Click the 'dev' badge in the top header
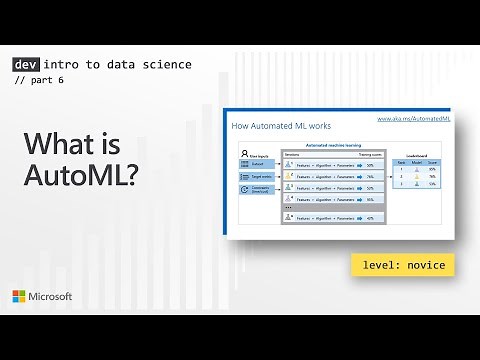pyautogui.click(x=24, y=64)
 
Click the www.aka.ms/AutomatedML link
pyautogui.click(x=411, y=118)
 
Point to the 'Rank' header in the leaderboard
pyautogui.click(x=402, y=163)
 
